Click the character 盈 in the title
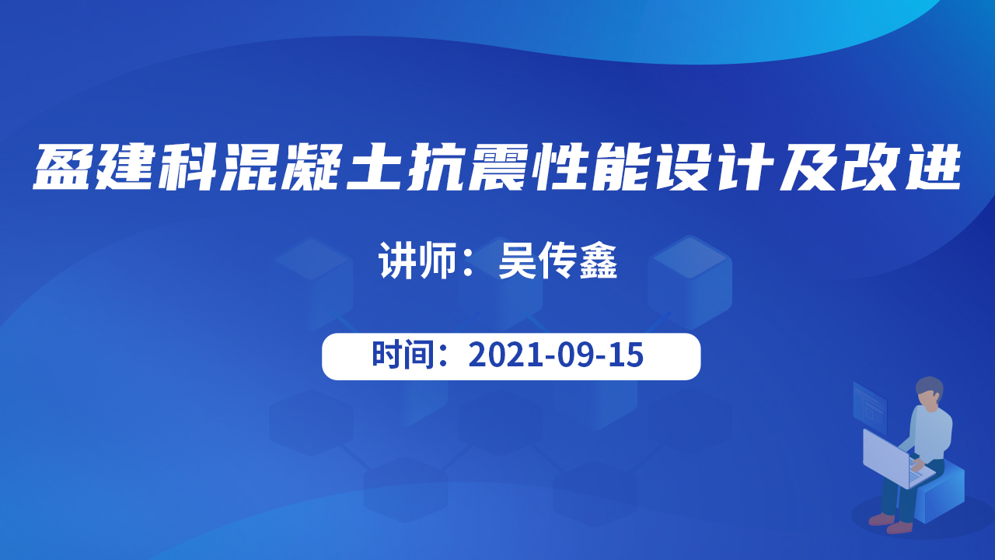point(63,167)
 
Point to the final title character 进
point(931,167)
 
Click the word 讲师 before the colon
point(417,261)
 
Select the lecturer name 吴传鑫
point(558,261)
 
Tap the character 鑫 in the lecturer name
point(598,261)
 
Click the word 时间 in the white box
point(403,355)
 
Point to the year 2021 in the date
point(505,355)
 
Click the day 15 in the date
point(626,355)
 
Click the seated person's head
point(929,393)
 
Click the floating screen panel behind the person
point(869,407)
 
